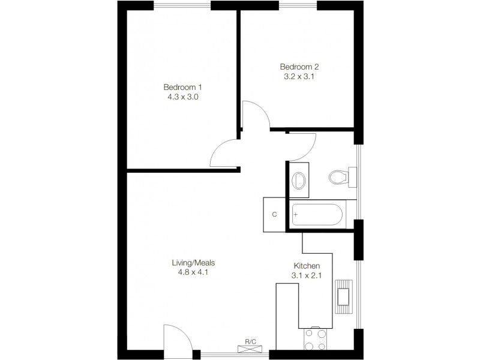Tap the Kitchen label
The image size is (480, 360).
click(x=306, y=266)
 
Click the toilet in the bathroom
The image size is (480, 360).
click(x=341, y=177)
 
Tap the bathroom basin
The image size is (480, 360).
click(x=299, y=179)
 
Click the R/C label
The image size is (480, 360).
click(x=250, y=342)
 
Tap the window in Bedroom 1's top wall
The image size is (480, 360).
click(x=181, y=5)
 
